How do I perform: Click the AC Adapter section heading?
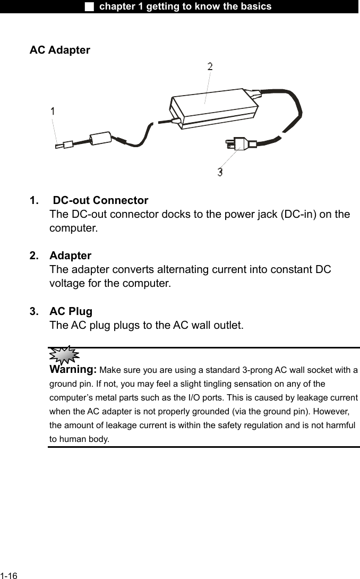(x=59, y=50)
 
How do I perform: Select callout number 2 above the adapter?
(x=210, y=67)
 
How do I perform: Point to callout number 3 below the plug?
(x=220, y=172)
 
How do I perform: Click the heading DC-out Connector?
(x=101, y=201)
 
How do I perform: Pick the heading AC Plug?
(x=71, y=311)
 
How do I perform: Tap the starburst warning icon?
(x=63, y=354)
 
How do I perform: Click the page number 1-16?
(x=9, y=576)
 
